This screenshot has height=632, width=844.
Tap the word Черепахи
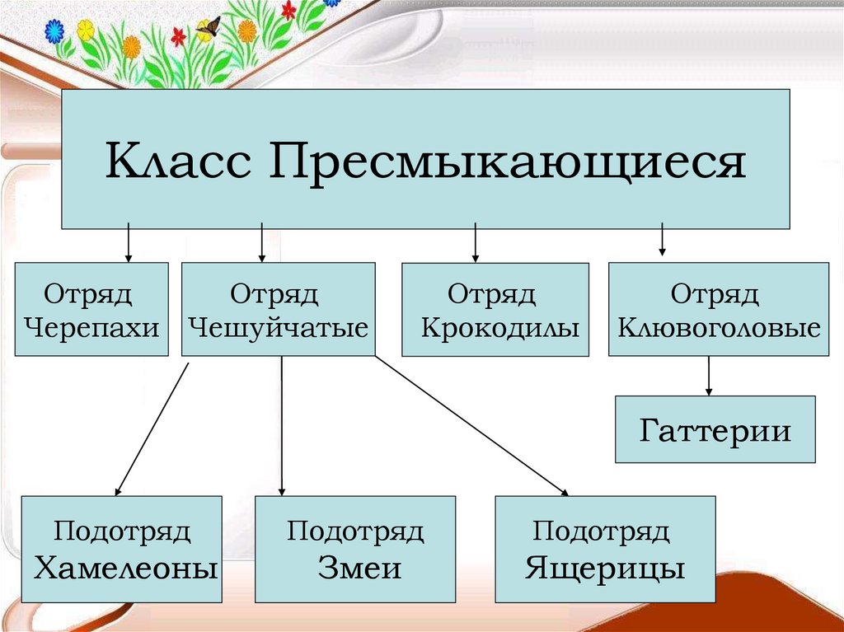pos(91,328)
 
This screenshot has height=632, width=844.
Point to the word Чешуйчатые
pos(278,328)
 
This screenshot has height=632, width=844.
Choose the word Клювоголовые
pos(719,328)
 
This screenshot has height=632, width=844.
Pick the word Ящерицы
pos(605,568)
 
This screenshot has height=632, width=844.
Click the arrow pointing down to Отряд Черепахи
pos(128,244)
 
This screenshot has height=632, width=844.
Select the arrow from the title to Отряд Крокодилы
pos(476,244)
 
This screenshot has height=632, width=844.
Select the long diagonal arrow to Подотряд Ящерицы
pos(471,426)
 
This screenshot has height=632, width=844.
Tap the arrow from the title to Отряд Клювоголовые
pos(662,241)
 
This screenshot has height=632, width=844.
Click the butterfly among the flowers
pos(208,27)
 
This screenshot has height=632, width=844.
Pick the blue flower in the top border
pos(54,31)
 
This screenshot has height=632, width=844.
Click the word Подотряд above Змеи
pos(355,531)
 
